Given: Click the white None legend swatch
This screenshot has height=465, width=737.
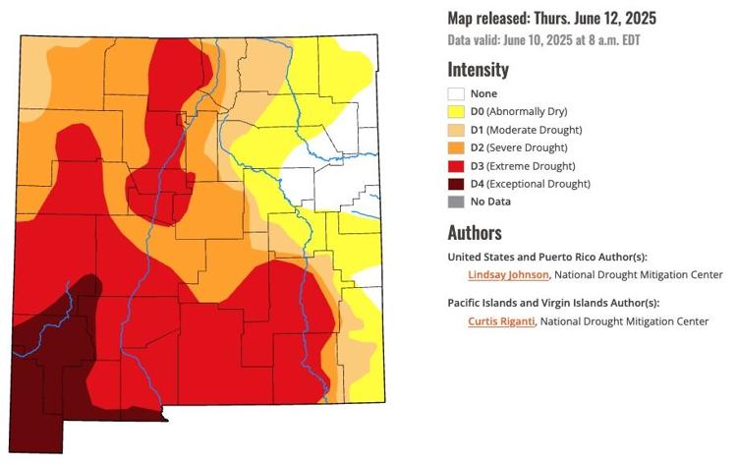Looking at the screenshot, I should pos(456,94).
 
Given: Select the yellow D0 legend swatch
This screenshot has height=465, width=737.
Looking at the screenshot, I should pos(456,112).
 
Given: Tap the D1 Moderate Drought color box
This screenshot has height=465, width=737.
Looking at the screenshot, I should pos(456,130).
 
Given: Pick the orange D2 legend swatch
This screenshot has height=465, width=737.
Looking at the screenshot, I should pos(456,147).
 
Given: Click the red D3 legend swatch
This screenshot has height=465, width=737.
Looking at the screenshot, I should pos(456,165).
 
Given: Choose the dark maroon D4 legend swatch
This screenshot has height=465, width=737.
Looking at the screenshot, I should pos(456,184).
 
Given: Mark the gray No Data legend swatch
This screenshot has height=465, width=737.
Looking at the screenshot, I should pos(456,202).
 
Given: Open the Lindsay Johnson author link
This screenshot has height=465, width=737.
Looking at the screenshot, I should pos(509,274).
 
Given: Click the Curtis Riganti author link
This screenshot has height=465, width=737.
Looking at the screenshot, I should pos(503,320).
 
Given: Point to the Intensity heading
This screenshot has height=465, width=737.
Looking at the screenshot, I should pos(478,70).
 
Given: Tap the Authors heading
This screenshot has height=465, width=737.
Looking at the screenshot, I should pos(475,233).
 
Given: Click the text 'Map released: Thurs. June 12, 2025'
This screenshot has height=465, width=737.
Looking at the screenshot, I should pos(552,19).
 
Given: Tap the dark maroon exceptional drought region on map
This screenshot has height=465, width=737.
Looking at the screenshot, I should pos(49,374).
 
